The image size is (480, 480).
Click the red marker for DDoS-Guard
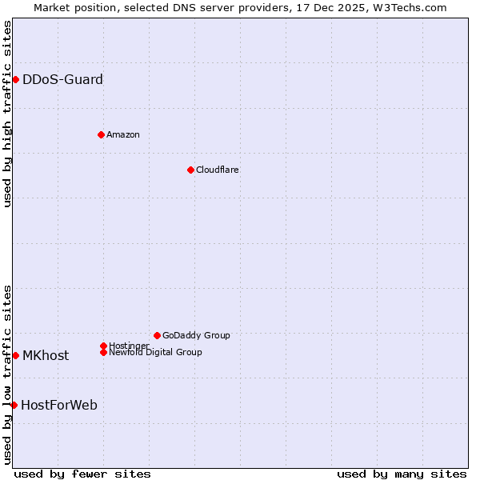point(15,79)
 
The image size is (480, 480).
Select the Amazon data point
point(101,134)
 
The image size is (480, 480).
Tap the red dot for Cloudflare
point(190,170)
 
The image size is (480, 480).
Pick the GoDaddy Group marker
point(157,335)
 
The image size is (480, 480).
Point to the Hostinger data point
point(103,346)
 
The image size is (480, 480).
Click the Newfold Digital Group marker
point(103,352)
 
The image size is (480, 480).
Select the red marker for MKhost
point(15,355)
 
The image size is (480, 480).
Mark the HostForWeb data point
point(14,405)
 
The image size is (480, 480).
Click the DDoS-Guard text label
point(62,79)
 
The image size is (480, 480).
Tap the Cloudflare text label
point(217,170)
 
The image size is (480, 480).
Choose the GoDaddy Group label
point(196,335)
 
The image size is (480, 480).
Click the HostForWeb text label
point(59,405)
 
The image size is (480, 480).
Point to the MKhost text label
point(46,355)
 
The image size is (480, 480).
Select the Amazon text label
point(123,134)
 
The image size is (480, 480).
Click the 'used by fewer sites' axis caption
point(82,474)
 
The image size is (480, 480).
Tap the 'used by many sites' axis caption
point(402,474)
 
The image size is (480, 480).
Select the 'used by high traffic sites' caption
point(7,114)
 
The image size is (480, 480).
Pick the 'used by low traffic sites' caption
point(7,374)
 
